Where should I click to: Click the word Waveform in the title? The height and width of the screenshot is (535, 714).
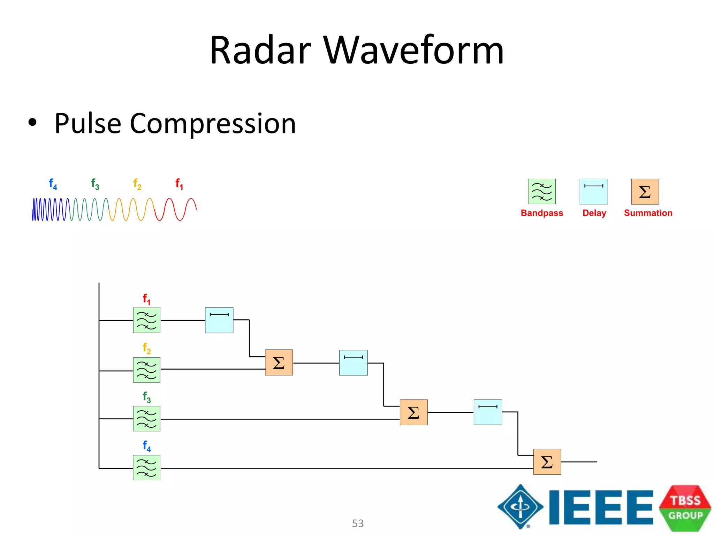[x=414, y=51]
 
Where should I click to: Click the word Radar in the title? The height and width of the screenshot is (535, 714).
[x=260, y=51]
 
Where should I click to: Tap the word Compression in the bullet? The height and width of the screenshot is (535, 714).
[x=213, y=124]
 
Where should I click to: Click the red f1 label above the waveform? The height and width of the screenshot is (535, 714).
[x=179, y=184]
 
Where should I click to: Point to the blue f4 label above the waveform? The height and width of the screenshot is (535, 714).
[x=53, y=184]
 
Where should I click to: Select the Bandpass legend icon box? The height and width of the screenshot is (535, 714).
[x=542, y=192]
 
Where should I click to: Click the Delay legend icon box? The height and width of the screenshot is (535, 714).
[x=593, y=192]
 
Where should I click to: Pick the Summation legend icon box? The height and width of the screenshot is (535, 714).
[x=645, y=192]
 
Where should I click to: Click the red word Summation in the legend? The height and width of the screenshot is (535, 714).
[x=648, y=213]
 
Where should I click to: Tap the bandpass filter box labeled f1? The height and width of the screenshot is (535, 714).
[x=146, y=320]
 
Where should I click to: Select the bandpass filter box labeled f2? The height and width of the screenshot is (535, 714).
[x=146, y=370]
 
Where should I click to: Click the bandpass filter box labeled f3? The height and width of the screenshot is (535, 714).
[x=146, y=419]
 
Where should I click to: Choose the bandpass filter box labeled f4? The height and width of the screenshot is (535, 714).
[x=146, y=468]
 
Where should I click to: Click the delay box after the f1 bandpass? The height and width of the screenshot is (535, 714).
[x=219, y=320]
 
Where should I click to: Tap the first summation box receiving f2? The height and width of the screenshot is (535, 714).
[x=279, y=363]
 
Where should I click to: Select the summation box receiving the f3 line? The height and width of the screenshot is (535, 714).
[x=413, y=412]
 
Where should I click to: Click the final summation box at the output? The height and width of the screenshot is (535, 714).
[x=547, y=462]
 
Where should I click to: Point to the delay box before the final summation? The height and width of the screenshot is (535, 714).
[x=488, y=412]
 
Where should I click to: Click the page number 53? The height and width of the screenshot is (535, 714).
[x=358, y=523]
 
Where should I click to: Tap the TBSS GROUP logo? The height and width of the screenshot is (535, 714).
[x=685, y=508]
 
